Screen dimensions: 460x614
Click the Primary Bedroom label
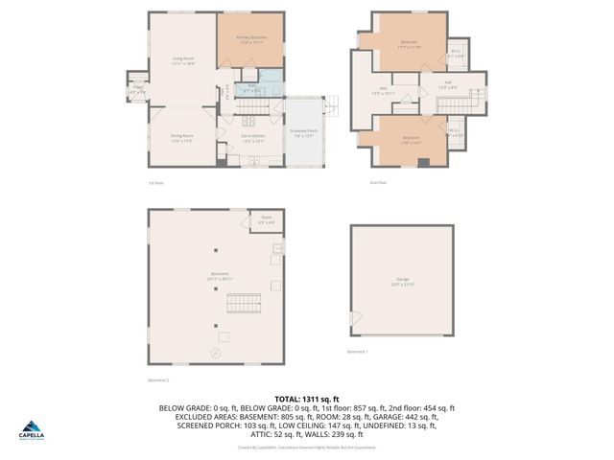(x=251, y=38)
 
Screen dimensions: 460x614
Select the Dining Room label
(x=182, y=138)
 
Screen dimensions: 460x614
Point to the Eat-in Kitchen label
(x=253, y=138)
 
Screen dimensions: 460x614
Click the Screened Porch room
(x=304, y=133)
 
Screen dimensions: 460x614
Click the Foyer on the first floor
(x=138, y=91)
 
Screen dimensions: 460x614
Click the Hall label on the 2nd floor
(x=448, y=85)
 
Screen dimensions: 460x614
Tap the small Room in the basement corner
(x=266, y=220)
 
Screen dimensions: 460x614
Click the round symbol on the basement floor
(x=215, y=354)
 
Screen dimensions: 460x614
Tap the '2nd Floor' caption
(x=379, y=182)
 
